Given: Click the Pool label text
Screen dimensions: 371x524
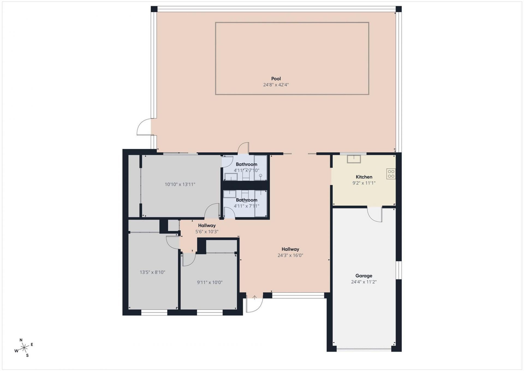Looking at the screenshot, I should pos(276,79).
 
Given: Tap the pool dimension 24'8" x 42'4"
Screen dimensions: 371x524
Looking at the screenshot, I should pos(276,85).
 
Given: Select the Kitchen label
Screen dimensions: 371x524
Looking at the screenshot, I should pos(364,177).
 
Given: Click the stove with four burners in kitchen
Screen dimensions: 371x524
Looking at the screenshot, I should pos(391,174).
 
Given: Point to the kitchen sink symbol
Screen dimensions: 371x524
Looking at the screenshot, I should pos(354,159).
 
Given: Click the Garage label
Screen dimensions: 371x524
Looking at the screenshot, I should pos(364,276).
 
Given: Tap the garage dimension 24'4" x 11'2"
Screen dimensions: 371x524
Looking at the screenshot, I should pos(364,282).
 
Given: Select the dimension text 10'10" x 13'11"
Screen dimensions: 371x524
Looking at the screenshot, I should pos(180,184).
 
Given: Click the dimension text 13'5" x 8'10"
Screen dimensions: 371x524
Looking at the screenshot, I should pos(152,272).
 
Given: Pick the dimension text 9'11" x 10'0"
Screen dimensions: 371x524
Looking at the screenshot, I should pos(210,282).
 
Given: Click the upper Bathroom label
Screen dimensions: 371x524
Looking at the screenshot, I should pos(246,164).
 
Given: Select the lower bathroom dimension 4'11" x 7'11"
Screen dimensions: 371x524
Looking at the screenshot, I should pos(246,206).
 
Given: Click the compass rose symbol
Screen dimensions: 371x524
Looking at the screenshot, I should pos(24,348).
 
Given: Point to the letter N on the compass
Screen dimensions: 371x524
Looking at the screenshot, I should pos(21,340).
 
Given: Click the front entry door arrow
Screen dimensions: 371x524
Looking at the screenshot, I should pos(254,297).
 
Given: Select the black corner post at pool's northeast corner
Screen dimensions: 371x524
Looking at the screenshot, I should pos(398,9).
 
